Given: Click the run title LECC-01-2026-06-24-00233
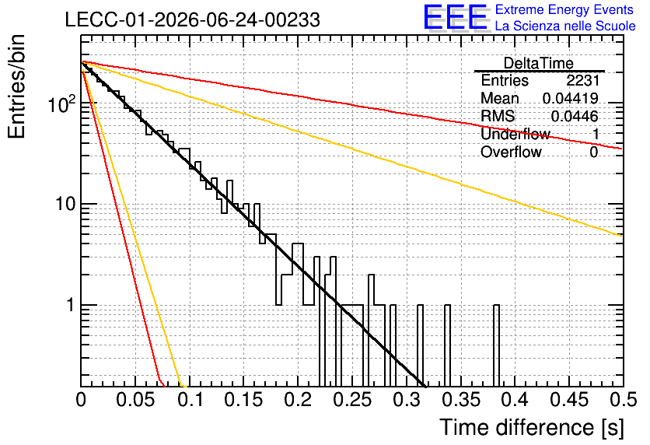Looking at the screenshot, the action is coord(193,19).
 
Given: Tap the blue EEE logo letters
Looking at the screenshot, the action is coord(456,17).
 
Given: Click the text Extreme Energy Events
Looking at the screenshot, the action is coord(564,9).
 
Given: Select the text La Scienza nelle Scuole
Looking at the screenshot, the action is coord(565,26).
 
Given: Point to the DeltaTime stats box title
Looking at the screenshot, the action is coord(539,63).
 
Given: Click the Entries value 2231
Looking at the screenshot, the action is coord(583,80).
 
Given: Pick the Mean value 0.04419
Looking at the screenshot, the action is coord(571,98).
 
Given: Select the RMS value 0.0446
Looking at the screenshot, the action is coord(575,116).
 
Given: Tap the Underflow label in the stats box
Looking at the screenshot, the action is coord(515,134).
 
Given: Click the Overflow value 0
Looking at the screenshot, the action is coord(594,152).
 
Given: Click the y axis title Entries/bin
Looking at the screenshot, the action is coord(16,86).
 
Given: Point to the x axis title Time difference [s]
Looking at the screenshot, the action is coord(532,427).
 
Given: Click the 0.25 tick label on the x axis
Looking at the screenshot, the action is coord(353,400).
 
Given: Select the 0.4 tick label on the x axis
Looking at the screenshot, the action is coord(515,400).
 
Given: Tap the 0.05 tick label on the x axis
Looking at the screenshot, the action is coord(135,400).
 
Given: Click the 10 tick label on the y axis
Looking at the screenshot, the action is coord(65,204).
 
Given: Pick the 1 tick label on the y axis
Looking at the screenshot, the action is coord(70,305).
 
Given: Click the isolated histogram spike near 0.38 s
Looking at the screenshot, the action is coord(496,345).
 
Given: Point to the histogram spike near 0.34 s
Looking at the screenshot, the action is coord(447,345).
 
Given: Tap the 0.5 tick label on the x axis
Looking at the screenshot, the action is coord(624,400).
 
